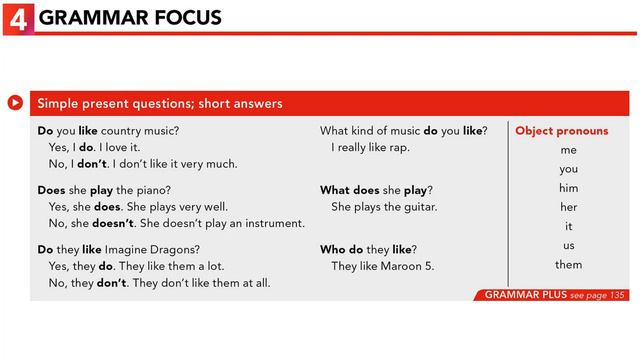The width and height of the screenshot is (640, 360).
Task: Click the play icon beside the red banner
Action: [16, 102]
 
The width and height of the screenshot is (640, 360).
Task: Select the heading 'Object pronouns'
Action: [561, 131]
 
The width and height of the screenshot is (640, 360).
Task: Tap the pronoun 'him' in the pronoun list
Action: [568, 188]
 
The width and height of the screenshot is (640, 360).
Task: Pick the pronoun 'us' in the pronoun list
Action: [568, 245]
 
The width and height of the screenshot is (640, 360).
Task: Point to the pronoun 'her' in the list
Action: [568, 207]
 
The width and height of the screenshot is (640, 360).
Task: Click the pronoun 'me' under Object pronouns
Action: [568, 150]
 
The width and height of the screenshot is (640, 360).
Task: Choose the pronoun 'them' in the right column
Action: [568, 265]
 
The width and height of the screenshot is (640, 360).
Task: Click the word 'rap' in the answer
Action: [399, 148]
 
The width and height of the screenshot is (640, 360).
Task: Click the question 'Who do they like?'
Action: [368, 248]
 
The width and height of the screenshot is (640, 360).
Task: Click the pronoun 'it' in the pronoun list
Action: [568, 226]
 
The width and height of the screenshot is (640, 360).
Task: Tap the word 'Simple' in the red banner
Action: [56, 103]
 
